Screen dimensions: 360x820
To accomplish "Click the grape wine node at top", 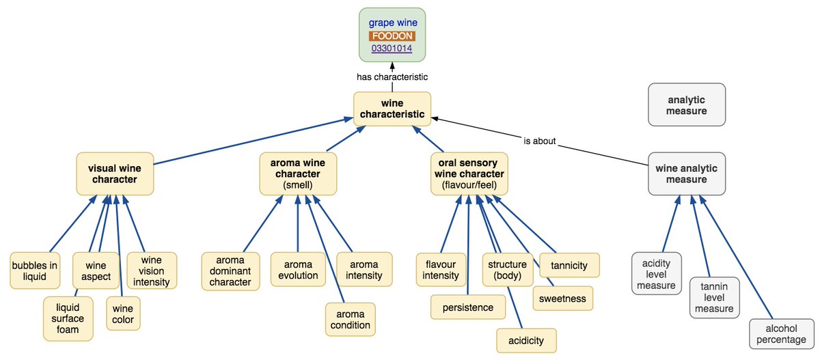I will click(x=392, y=23).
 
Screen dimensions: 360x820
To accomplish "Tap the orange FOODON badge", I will click(x=392, y=36).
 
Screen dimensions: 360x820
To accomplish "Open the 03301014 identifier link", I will click(x=392, y=49).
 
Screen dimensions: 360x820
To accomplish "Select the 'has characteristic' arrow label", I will click(x=392, y=77).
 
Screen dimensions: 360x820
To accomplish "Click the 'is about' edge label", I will click(x=539, y=141).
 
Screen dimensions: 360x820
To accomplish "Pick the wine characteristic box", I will click(x=392, y=109).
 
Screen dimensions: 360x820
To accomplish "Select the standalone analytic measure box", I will click(x=687, y=105).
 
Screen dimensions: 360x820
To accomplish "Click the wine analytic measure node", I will click(x=687, y=174).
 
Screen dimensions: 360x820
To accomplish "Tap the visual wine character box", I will click(x=115, y=174).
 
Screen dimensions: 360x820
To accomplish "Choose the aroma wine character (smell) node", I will click(x=298, y=174).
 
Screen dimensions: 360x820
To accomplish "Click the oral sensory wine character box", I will click(x=469, y=174).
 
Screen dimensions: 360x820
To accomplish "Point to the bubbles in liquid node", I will click(x=35, y=271).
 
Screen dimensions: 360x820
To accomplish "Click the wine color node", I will click(x=124, y=314).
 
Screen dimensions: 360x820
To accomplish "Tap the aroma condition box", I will click(x=350, y=319).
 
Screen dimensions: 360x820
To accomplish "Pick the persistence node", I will click(x=468, y=307).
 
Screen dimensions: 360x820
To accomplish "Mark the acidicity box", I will click(x=526, y=340).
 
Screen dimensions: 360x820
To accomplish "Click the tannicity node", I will click(x=569, y=265).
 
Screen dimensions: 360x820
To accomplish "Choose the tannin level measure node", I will click(x=714, y=297).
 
